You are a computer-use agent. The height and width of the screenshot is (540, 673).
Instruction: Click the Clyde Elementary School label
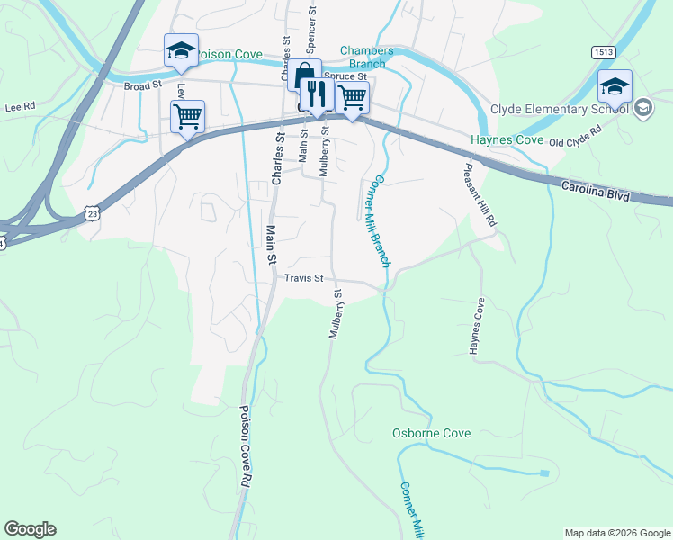(x=559, y=110)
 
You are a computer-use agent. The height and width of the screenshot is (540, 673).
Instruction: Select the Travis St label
(x=303, y=279)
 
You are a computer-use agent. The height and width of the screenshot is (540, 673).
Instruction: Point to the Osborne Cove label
(x=432, y=433)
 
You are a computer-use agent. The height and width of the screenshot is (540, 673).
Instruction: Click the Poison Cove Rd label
(x=244, y=446)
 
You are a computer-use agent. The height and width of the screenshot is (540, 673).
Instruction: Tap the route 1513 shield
(x=604, y=53)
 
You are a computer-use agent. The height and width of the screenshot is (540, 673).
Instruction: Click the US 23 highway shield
(x=92, y=212)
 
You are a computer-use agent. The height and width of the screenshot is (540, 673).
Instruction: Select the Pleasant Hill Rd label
(x=480, y=194)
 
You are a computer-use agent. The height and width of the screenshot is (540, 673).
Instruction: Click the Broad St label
(x=142, y=85)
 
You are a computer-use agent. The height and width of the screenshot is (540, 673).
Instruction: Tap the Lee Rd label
(x=19, y=106)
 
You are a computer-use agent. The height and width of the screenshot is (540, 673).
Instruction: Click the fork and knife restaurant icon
(x=316, y=93)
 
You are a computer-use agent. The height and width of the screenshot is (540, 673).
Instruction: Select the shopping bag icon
(x=304, y=76)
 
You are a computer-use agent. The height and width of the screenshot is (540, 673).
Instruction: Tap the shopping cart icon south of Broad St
(x=187, y=114)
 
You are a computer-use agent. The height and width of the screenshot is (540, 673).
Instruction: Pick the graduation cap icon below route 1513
(x=615, y=85)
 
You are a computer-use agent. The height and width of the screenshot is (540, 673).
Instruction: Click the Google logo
(x=30, y=529)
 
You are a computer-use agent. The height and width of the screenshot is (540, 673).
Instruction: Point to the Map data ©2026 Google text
(x=616, y=533)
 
